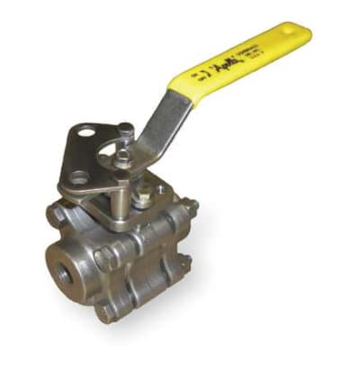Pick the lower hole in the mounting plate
pyautogui.click(x=80, y=177)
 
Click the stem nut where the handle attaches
pyautogui.click(x=123, y=159)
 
